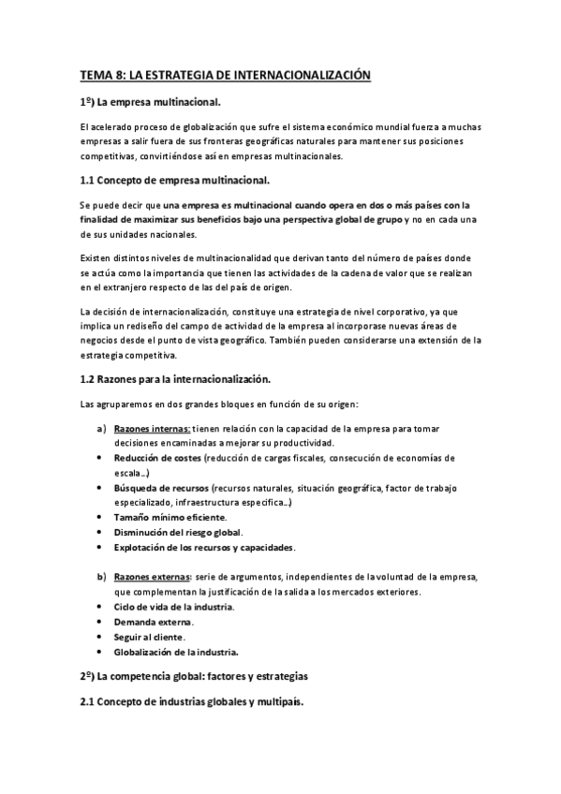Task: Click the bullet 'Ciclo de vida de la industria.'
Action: pos(174,607)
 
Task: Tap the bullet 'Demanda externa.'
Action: pos(155,622)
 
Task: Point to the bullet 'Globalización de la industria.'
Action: pos(176,652)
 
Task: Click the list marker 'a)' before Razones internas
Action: pos(100,429)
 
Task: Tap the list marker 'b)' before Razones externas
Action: pos(100,576)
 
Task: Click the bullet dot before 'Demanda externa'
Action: pos(100,622)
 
